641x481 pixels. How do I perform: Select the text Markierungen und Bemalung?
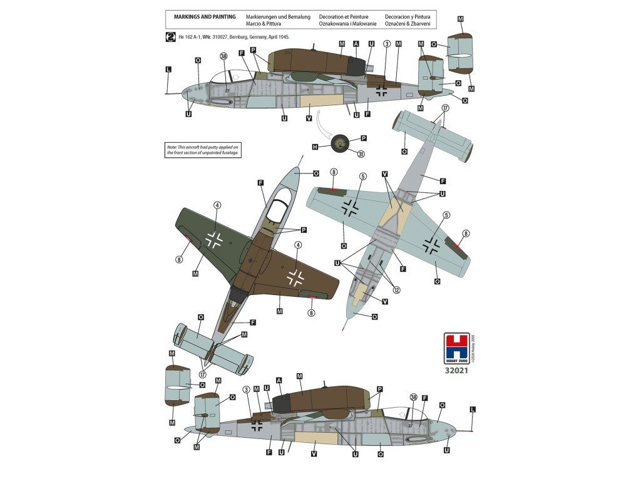278,16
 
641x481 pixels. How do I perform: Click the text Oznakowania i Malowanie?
347,24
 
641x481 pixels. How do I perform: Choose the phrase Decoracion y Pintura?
408,16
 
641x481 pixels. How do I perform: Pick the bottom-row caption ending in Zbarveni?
408,24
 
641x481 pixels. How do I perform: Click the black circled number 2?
170,37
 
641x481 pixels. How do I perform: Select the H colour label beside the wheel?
315,147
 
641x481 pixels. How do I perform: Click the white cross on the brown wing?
295,277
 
